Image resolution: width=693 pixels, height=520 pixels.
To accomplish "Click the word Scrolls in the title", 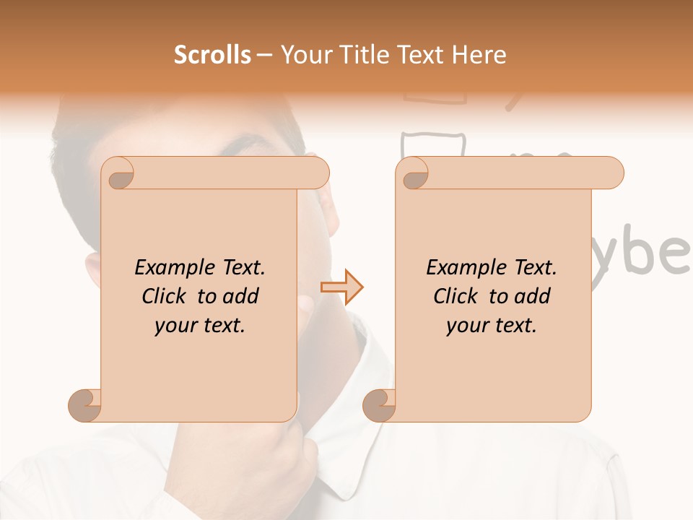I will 212,55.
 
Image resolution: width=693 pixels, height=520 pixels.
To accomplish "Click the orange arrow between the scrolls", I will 341,287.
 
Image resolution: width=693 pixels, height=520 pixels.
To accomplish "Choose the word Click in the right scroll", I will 457,297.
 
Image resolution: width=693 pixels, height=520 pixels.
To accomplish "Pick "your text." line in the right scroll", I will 492,326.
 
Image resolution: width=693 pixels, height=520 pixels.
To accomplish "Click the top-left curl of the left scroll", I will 119,175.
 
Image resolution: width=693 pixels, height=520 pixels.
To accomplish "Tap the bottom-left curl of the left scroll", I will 85,405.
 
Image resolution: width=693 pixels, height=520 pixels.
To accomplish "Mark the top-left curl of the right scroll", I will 414,175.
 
